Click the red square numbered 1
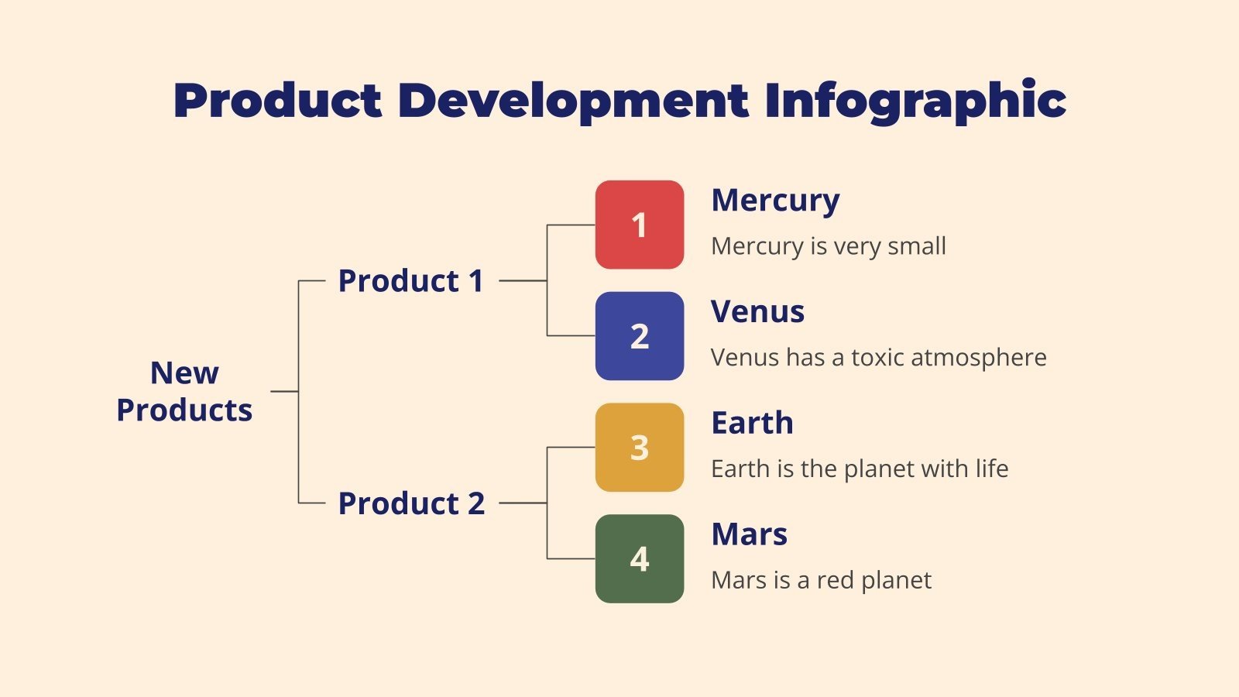[639, 225]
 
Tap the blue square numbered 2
[639, 336]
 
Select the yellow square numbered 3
[639, 448]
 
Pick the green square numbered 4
[639, 559]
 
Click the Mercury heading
[775, 201]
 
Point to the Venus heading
[757, 311]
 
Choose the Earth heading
[752, 423]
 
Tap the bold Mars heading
[749, 534]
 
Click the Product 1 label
[410, 280]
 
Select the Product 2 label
[411, 503]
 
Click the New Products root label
[184, 391]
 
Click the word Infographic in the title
[915, 101]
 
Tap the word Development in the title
[573, 101]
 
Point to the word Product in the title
[277, 101]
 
